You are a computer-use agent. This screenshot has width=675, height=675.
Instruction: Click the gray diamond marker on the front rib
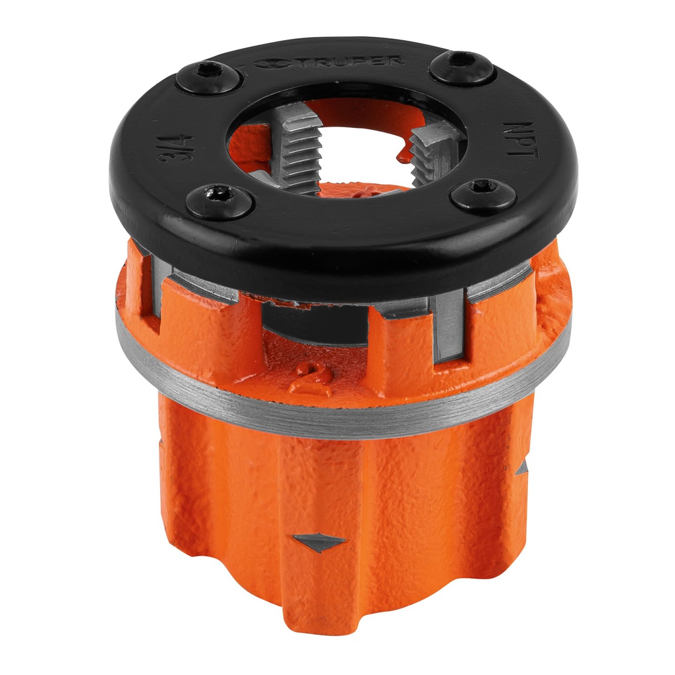318,542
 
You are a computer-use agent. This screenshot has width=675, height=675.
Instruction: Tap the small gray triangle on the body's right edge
522,468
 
